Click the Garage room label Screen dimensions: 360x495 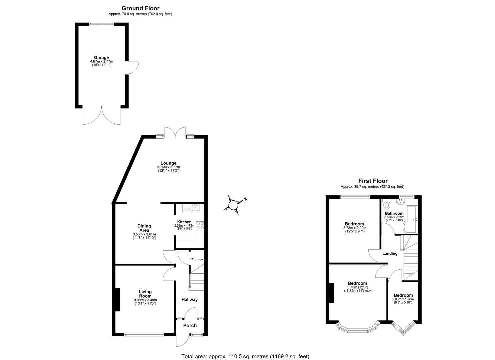pyautogui.click(x=101, y=58)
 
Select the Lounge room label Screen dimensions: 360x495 pyautogui.click(x=168, y=163)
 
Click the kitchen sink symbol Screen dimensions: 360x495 pyautogui.click(x=190, y=208)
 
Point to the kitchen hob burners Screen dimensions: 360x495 pyautogui.click(x=200, y=225)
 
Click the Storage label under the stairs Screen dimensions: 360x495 pyautogui.click(x=197, y=259)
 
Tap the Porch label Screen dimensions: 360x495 pyautogui.click(x=190, y=326)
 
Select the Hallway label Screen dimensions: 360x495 pyautogui.click(x=189, y=300)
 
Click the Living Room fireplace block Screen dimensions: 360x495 pyautogui.click(x=118, y=299)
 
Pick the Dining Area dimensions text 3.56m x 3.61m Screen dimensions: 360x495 pyautogui.click(x=144, y=234)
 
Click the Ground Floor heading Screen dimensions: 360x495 pyautogui.click(x=140, y=8)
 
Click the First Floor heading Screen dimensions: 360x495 pyautogui.click(x=373, y=181)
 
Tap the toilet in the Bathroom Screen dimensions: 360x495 pyautogui.click(x=387, y=204)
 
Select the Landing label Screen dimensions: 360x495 pyautogui.click(x=390, y=254)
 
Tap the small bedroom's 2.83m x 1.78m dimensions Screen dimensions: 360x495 pyautogui.click(x=403, y=299)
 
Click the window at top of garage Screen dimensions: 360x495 pyautogui.click(x=102, y=24)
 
